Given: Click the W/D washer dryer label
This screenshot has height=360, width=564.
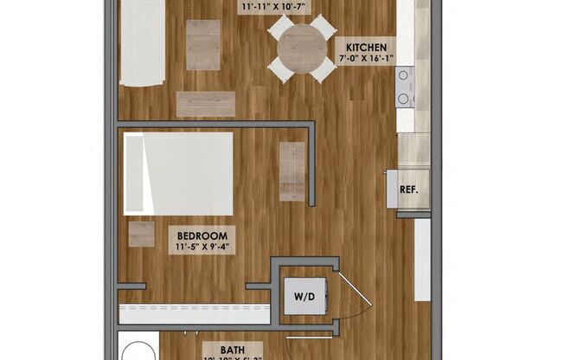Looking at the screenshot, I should [x=305, y=297].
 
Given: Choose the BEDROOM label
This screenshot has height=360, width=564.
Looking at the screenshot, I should [x=202, y=235].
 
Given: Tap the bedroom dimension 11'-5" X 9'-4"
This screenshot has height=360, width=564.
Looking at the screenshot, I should [x=202, y=248].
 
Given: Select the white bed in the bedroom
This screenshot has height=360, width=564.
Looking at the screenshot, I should [x=179, y=173].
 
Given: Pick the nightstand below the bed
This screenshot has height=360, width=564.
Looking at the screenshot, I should [x=141, y=233].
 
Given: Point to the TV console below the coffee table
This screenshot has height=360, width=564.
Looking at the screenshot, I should [x=206, y=104].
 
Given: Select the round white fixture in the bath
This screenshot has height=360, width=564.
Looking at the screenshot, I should [x=135, y=350].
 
